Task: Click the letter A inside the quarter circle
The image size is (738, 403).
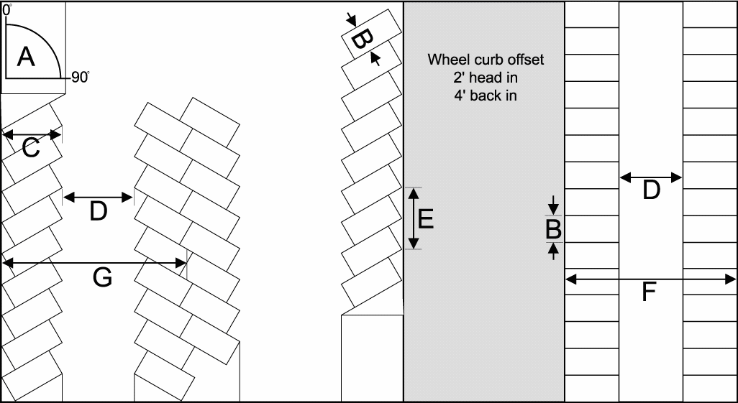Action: pyautogui.click(x=26, y=56)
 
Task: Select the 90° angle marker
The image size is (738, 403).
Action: pyautogui.click(x=80, y=78)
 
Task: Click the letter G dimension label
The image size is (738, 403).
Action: pyautogui.click(x=103, y=278)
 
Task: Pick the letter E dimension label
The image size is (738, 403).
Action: pyautogui.click(x=425, y=218)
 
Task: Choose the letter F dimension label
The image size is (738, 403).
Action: pyautogui.click(x=649, y=292)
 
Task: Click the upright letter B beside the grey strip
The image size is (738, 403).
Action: pyautogui.click(x=553, y=230)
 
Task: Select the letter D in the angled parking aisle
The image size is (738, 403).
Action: pyautogui.click(x=99, y=211)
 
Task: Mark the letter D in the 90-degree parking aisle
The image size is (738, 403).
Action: pyautogui.click(x=651, y=190)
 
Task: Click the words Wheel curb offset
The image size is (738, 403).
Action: pyautogui.click(x=486, y=60)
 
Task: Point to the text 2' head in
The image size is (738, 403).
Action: pyautogui.click(x=486, y=78)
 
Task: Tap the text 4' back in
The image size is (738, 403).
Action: pyautogui.click(x=486, y=96)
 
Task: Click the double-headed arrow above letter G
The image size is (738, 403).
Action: pyautogui.click(x=95, y=264)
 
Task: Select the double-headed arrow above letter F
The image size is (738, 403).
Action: pyautogui.click(x=651, y=278)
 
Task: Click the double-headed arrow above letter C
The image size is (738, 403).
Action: pyautogui.click(x=32, y=134)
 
